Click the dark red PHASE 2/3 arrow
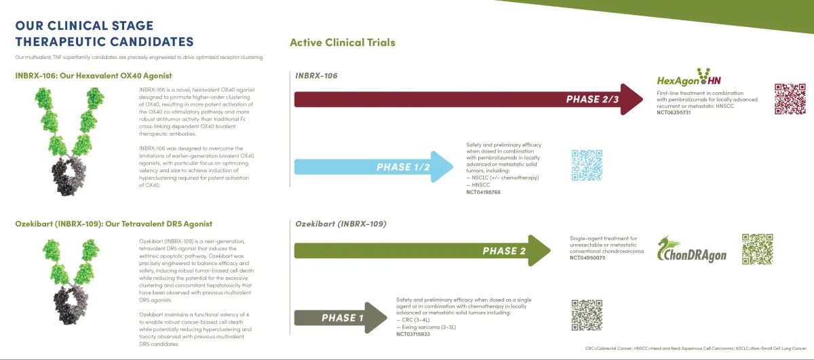click(x=468, y=100)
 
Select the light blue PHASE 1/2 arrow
click(x=373, y=167)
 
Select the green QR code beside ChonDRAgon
click(x=757, y=249)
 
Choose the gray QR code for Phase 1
click(x=587, y=315)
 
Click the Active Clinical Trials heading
click(x=343, y=42)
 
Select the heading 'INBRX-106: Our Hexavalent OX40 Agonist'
click(x=94, y=75)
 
